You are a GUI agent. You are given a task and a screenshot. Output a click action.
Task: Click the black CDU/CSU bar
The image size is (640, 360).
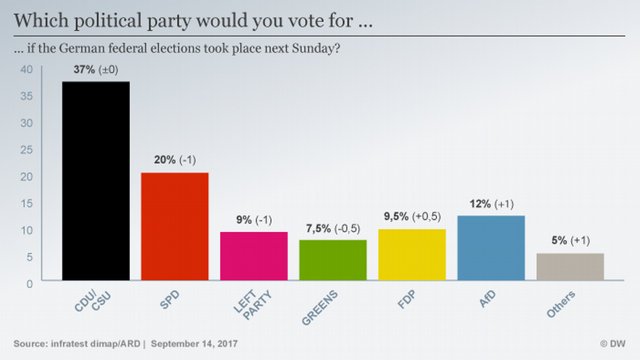96,180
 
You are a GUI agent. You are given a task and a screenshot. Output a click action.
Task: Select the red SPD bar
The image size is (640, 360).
174,226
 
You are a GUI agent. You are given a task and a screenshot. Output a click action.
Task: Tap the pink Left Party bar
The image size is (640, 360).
253,256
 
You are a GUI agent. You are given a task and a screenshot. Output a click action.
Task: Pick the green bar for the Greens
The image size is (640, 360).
333,260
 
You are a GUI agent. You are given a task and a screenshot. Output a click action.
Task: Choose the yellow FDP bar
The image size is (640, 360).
412,255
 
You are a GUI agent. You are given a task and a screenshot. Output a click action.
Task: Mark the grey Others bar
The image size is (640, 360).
570,267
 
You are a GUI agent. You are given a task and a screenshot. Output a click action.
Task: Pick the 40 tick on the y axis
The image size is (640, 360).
27,69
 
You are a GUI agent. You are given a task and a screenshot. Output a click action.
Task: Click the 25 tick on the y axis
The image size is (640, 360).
27,150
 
